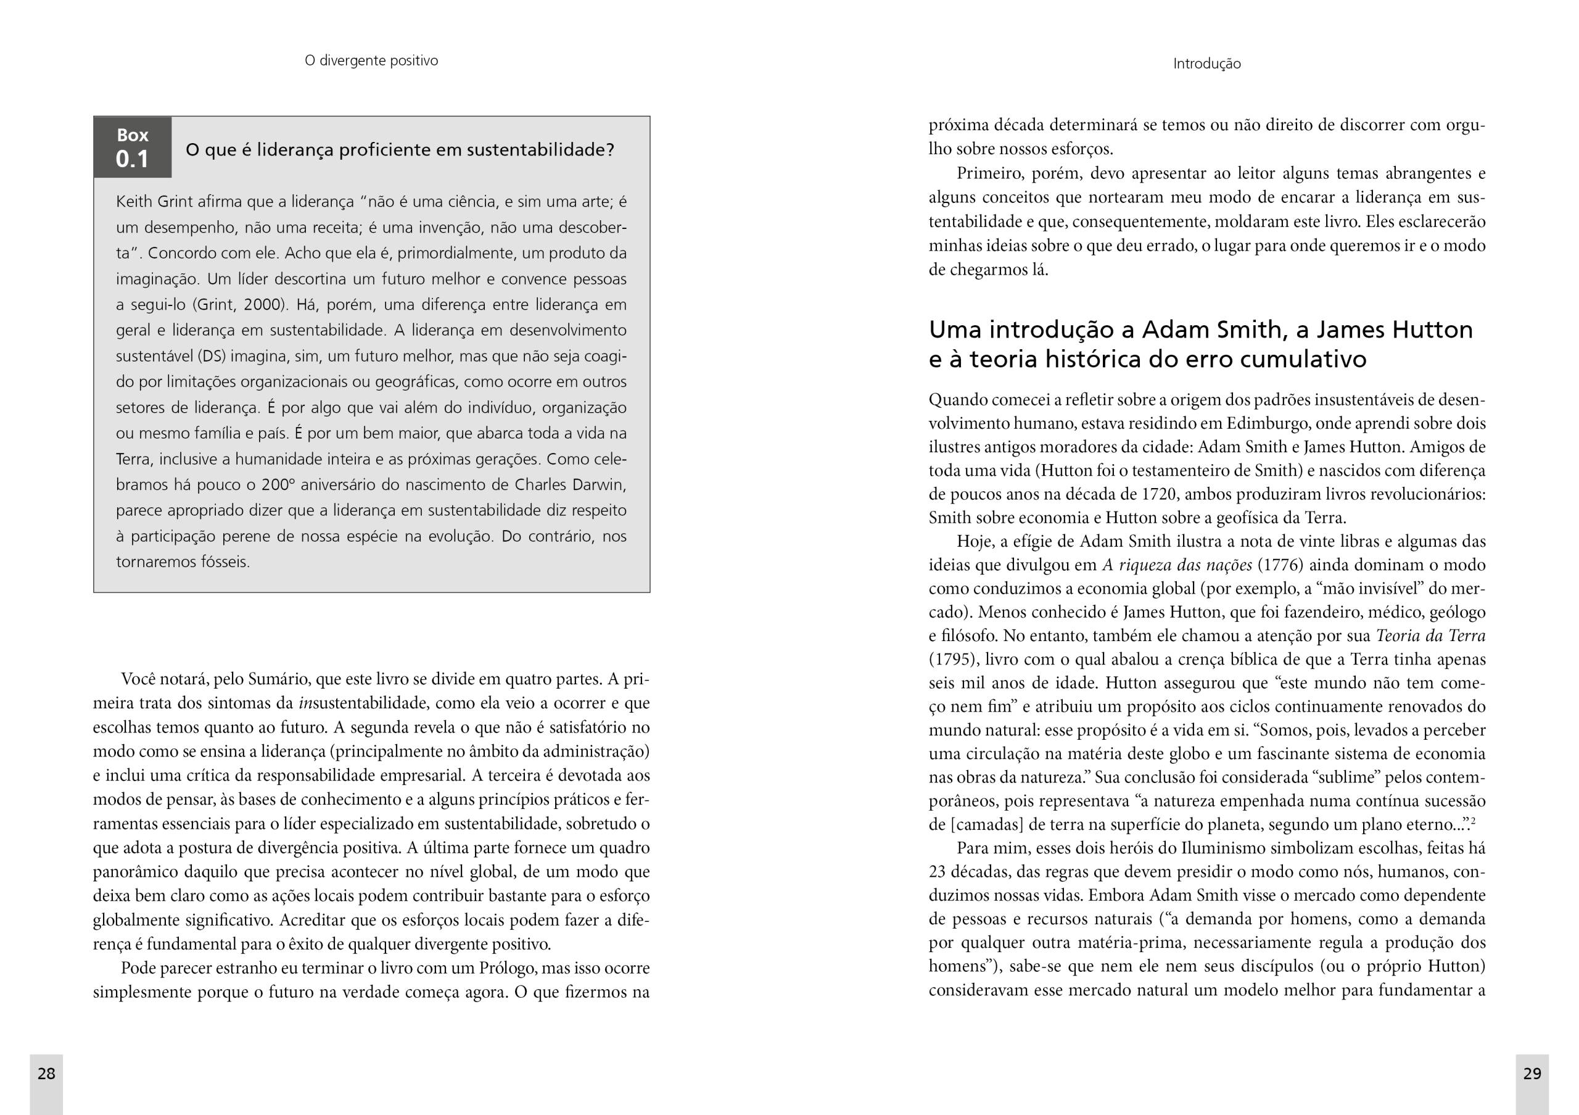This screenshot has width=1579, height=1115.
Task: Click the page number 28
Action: pyautogui.click(x=46, y=1073)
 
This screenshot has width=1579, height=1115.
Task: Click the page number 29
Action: pyautogui.click(x=1532, y=1073)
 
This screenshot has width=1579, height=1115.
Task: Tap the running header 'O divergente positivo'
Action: pyautogui.click(x=371, y=60)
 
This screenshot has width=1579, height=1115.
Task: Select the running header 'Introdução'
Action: pyautogui.click(x=1206, y=64)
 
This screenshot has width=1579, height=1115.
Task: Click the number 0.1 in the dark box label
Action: pyautogui.click(x=132, y=159)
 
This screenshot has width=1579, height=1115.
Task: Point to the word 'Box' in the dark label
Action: pyautogui.click(x=132, y=135)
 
